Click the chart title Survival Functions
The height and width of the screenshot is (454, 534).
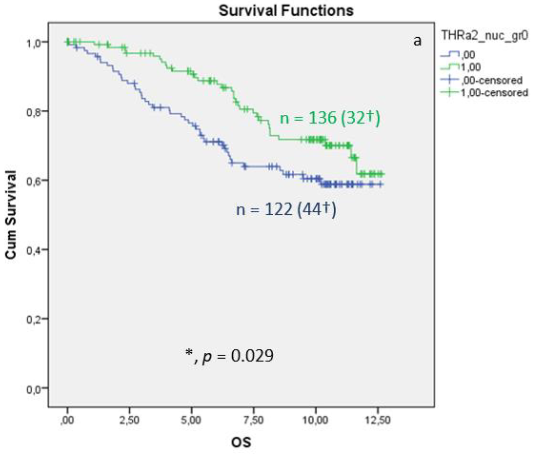point(286,11)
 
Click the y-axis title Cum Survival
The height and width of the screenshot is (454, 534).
point(11,215)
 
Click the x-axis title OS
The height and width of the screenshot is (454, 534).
point(241,442)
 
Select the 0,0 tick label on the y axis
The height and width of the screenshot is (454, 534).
point(34,389)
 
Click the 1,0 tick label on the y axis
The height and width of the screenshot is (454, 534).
point(34,43)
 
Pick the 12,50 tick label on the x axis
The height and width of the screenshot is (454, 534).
point(378,420)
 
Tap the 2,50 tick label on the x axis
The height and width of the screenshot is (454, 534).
point(129,420)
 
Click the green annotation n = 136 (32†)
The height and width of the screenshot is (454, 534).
point(330,118)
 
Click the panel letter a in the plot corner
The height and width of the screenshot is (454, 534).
point(417,41)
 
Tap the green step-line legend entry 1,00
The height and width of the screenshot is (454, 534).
point(471,67)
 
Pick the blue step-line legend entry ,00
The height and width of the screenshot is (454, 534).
point(468,55)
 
